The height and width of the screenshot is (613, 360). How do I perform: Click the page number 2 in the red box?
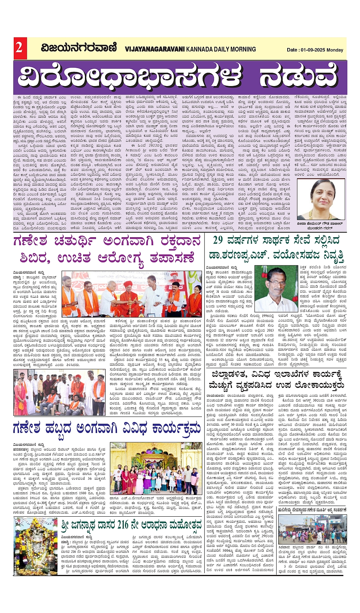tap(19, 48)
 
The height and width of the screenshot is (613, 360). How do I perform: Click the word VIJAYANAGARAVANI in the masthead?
tap(154, 49)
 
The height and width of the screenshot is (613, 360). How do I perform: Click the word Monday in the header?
tap(335, 50)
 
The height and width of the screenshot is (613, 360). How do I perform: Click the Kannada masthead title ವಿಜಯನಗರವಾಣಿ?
tap(79, 48)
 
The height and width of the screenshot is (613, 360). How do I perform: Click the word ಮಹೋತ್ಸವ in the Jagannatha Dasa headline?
tap(183, 525)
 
